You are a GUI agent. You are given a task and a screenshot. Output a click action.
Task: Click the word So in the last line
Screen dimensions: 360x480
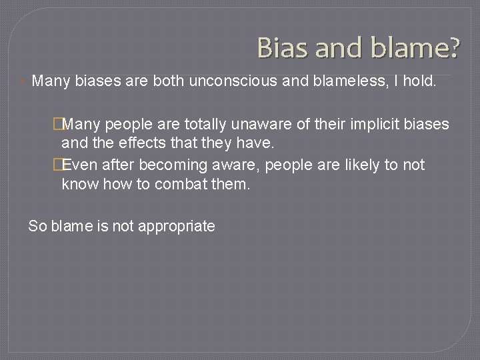[x=37, y=226]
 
